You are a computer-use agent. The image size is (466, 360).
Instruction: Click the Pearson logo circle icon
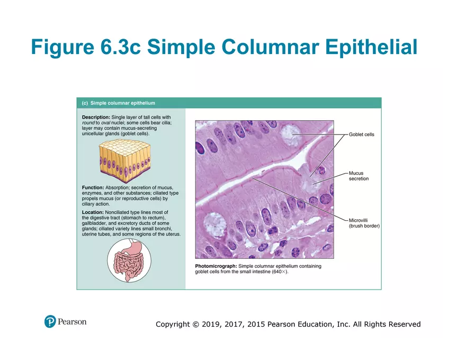pos(50,321)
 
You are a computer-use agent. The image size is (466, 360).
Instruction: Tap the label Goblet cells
pos(361,134)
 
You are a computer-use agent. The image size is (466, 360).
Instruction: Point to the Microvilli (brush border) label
pos(364,223)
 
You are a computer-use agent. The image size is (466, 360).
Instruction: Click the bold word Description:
pos(96,116)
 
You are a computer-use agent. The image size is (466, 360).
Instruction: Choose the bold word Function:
pos(93,187)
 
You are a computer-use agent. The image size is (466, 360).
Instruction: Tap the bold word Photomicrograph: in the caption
pos(216,266)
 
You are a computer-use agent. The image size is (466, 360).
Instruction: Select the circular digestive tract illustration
pos(129,260)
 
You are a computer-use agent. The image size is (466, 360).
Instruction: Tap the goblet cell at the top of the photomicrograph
pos(290,134)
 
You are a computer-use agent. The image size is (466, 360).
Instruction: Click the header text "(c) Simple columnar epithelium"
pos(118,103)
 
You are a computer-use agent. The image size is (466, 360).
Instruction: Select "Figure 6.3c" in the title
pos(85,47)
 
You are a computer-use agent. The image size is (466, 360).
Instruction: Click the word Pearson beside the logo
pos(73,321)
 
